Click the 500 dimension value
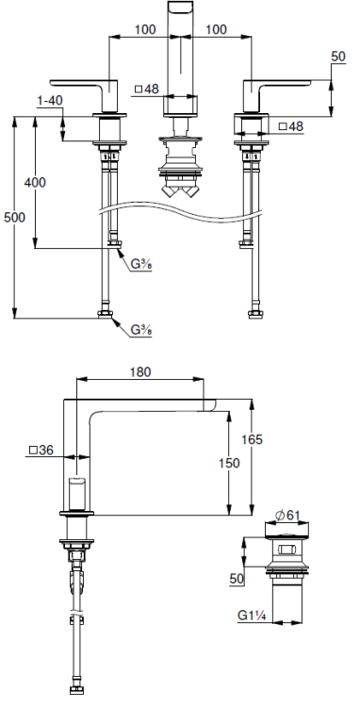[x=14, y=218]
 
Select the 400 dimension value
[x=35, y=183]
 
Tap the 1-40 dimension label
[x=50, y=101]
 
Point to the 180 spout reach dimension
[x=140, y=372]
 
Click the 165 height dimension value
[x=252, y=438]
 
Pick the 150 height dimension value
[x=229, y=463]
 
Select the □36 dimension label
[x=41, y=450]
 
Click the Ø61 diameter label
[x=287, y=516]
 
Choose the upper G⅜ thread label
[x=141, y=265]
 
